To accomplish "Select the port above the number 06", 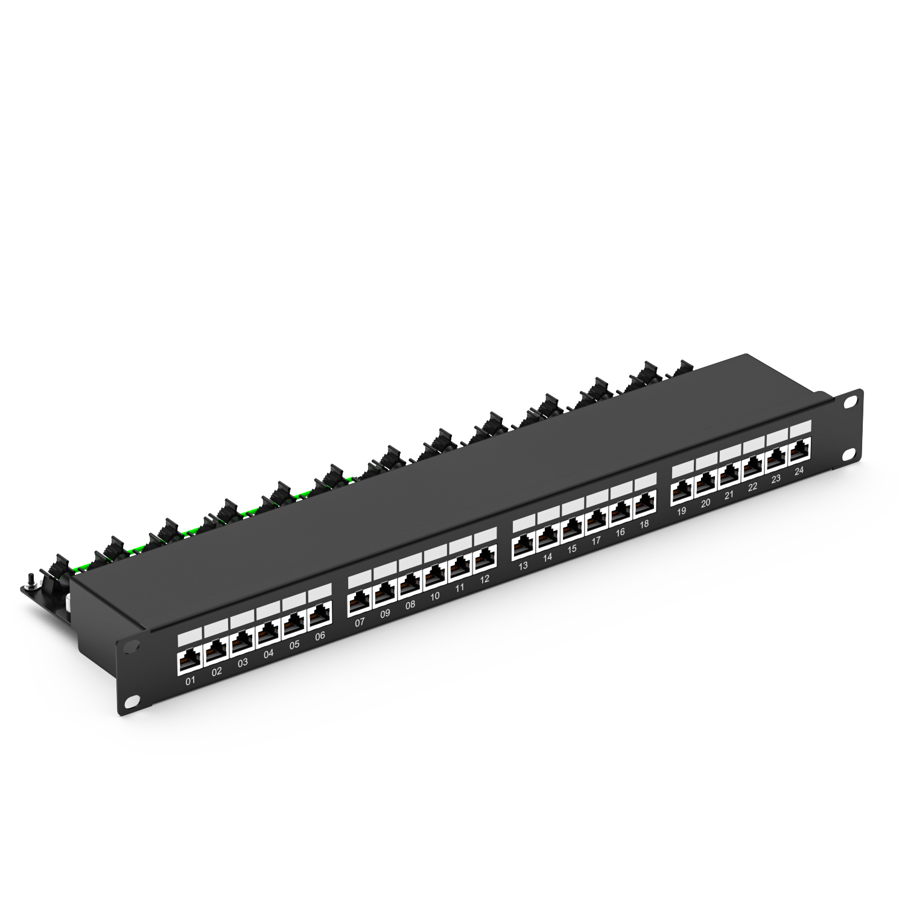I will (x=320, y=616).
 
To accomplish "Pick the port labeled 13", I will (x=523, y=548).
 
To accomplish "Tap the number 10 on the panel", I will (x=434, y=597).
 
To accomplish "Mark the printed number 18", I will (x=644, y=524).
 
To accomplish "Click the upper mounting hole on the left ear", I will (x=130, y=645).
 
